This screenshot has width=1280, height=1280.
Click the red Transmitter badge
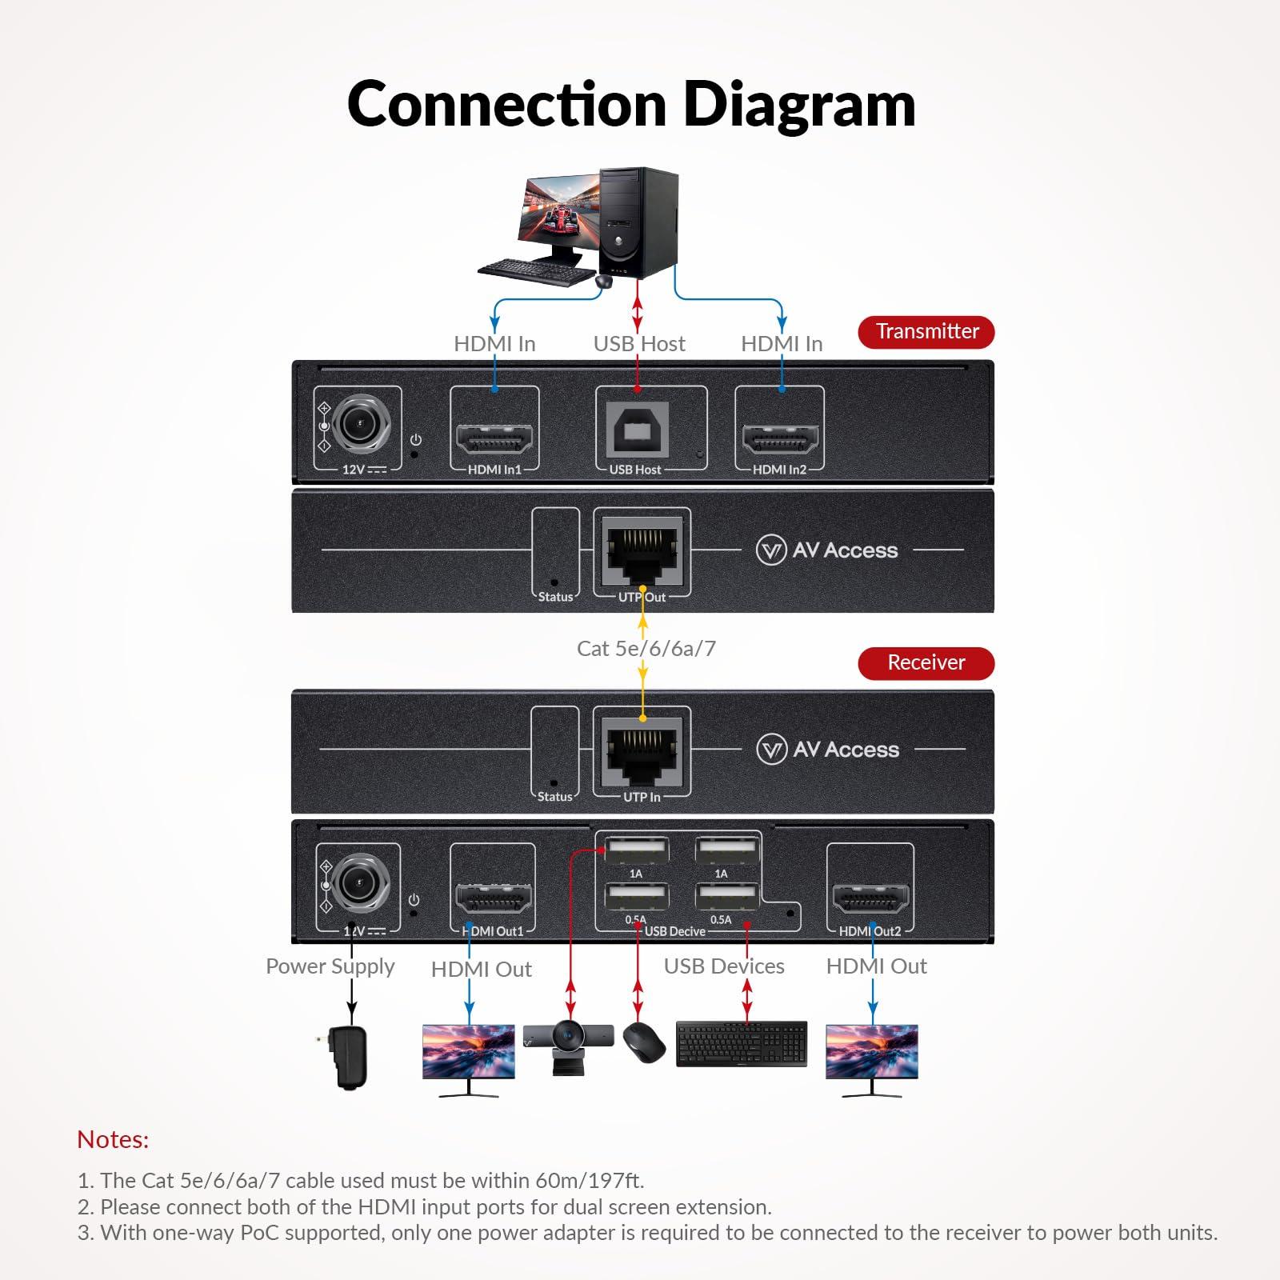(926, 331)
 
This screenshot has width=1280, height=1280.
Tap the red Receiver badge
(926, 662)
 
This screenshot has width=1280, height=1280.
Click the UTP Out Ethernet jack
(642, 552)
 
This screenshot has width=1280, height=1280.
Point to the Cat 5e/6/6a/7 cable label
(646, 648)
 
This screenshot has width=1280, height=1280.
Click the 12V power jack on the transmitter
(360, 422)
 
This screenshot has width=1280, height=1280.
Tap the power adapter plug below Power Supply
(349, 1058)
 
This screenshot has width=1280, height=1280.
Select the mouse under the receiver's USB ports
(644, 1042)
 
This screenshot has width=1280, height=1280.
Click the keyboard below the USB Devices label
(742, 1043)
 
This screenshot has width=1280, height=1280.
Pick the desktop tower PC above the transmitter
(638, 222)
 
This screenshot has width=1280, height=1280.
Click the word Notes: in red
(113, 1139)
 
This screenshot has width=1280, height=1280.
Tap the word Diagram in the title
(800, 105)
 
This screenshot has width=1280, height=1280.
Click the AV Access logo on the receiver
(828, 750)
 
